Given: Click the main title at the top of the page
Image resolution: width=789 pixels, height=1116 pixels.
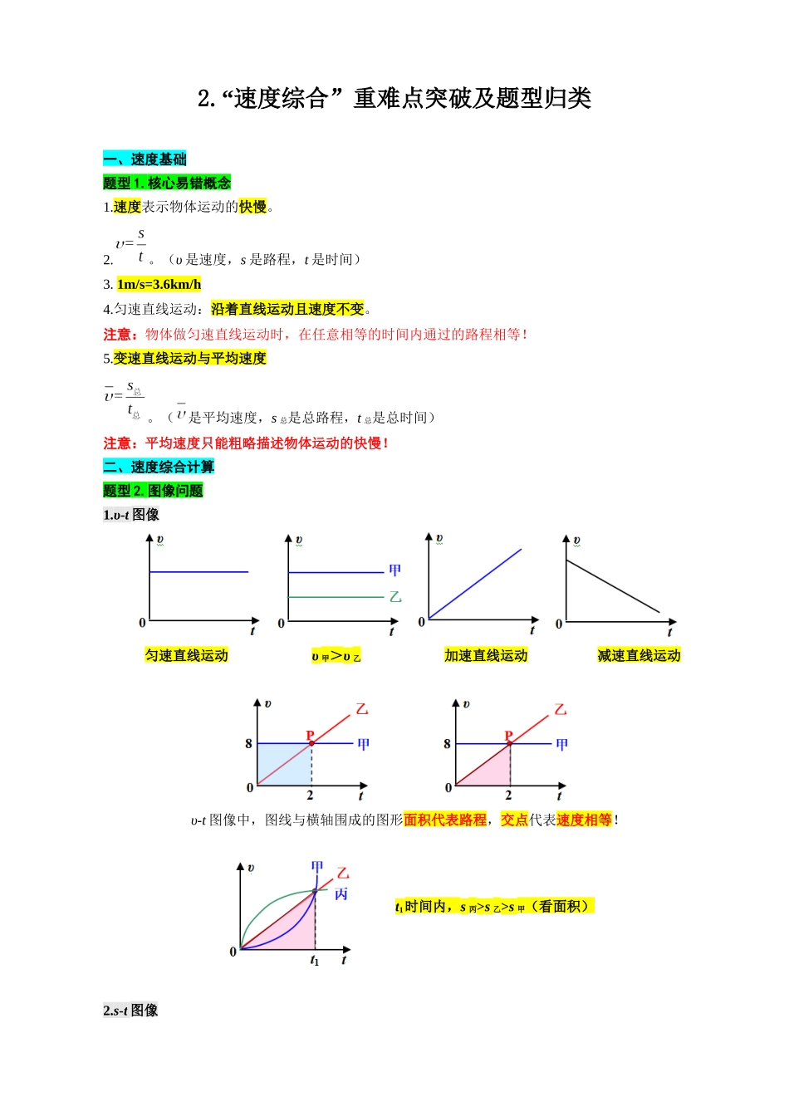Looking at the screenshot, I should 394,99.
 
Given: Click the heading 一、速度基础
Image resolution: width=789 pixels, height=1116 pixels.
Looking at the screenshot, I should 145,159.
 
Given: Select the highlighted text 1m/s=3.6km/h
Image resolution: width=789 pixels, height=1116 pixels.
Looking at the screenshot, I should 159,284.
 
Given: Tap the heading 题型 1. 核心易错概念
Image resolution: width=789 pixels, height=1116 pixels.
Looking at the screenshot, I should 167,183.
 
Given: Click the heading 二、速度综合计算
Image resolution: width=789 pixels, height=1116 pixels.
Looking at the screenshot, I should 159,467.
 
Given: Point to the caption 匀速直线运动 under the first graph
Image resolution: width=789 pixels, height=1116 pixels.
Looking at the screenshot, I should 186,655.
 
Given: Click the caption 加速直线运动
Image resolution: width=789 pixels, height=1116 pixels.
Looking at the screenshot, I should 486,655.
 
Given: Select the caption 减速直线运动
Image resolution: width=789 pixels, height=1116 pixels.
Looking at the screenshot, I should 639,655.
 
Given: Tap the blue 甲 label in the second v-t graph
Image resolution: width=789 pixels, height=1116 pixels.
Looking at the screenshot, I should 395,570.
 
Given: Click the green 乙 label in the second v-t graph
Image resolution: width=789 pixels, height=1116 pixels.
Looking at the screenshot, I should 395,597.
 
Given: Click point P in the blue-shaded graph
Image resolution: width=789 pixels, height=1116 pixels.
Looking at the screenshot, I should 311,736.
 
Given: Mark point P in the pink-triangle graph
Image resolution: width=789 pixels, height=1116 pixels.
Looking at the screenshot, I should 509,736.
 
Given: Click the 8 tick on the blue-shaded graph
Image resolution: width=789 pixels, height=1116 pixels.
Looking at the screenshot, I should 248,743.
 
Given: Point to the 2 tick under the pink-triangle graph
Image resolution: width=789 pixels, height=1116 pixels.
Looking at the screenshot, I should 508,795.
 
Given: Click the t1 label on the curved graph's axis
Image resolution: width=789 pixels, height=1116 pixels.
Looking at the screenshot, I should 314,961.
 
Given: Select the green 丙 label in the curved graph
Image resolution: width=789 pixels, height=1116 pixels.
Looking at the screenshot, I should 341,894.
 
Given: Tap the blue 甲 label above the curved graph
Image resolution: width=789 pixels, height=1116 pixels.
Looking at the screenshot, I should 317,866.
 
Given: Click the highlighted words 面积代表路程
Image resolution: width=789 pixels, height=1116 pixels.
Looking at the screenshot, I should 445,820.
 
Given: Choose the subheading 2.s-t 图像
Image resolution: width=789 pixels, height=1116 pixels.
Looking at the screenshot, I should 130,1010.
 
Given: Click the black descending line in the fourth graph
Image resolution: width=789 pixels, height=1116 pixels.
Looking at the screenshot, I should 613,587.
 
